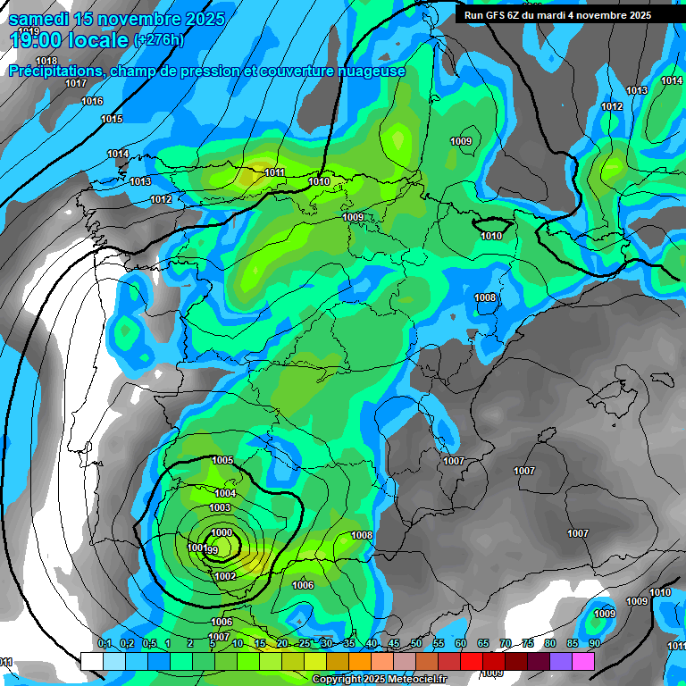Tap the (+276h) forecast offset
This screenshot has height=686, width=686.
(x=159, y=40)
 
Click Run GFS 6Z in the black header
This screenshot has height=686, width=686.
(x=495, y=15)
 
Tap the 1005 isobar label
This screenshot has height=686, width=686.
(x=222, y=461)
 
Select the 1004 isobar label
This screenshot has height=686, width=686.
(x=225, y=494)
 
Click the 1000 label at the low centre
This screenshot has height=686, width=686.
(x=221, y=532)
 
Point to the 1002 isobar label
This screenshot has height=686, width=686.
(x=225, y=577)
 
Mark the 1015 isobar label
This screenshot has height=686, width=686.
(x=112, y=120)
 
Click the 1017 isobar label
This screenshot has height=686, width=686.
(x=76, y=84)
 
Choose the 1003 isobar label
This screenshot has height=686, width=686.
(x=220, y=508)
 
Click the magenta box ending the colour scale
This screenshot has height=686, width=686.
(x=583, y=661)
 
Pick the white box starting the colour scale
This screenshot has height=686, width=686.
(x=91, y=661)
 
